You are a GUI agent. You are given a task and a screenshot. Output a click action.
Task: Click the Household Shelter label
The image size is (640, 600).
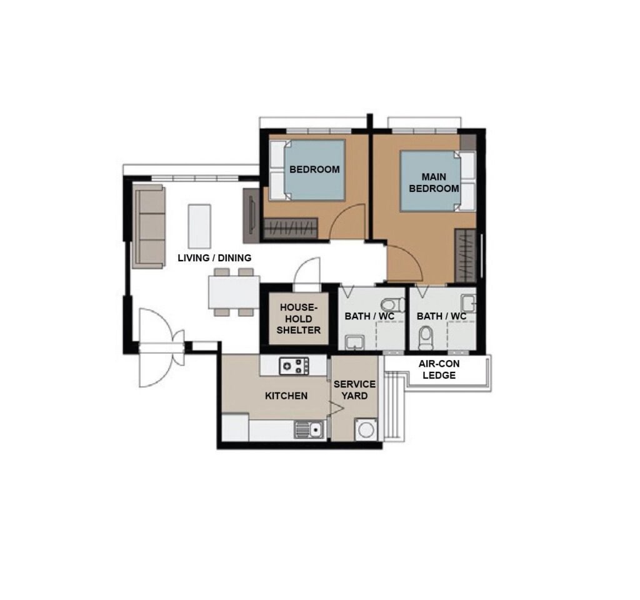(298, 319)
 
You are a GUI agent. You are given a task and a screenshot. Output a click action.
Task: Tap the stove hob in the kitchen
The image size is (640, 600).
(294, 366)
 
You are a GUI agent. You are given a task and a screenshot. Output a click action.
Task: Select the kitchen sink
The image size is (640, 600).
(309, 430)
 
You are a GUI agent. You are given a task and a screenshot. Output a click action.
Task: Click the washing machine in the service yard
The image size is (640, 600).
(366, 429)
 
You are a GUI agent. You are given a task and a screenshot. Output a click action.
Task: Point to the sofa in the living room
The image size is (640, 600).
(149, 226)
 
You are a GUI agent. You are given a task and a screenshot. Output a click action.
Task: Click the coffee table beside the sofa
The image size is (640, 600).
(199, 226)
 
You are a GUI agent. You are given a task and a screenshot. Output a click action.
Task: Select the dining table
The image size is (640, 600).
(234, 292)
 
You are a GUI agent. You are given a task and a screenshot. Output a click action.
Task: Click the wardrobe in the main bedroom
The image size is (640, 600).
(465, 256)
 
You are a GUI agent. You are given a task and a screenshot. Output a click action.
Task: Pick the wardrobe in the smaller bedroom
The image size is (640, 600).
(290, 228)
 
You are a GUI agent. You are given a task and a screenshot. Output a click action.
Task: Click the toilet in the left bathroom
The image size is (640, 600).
(392, 304)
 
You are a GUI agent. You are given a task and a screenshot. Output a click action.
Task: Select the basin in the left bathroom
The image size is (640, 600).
(355, 342)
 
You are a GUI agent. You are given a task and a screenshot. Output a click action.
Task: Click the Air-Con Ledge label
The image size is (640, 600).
(439, 369)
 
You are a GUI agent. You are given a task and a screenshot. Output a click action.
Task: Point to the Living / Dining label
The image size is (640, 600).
(215, 258)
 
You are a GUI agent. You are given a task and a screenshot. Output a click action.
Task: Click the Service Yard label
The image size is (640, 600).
(355, 390)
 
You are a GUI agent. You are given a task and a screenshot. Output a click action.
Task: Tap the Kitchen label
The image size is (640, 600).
(286, 396)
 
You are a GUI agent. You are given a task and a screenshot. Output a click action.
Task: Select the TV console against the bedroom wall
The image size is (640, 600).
(251, 216)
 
